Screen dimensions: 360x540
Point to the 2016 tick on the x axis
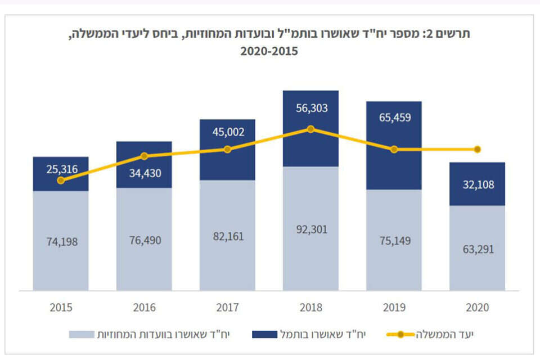coord(144,308)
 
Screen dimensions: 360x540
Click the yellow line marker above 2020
coord(478,149)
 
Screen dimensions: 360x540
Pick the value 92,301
coord(310,229)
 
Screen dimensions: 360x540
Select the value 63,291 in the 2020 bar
coord(478,249)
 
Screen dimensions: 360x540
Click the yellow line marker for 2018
coord(310,129)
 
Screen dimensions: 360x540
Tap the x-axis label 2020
coord(478,308)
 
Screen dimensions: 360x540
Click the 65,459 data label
coord(394,118)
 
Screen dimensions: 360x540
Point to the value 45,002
coord(227,133)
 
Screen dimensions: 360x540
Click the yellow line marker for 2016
coord(144,156)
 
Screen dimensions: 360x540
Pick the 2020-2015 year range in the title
coord(269,51)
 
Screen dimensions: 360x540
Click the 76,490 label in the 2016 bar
coord(144,240)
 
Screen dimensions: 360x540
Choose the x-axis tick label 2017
coord(227,308)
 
